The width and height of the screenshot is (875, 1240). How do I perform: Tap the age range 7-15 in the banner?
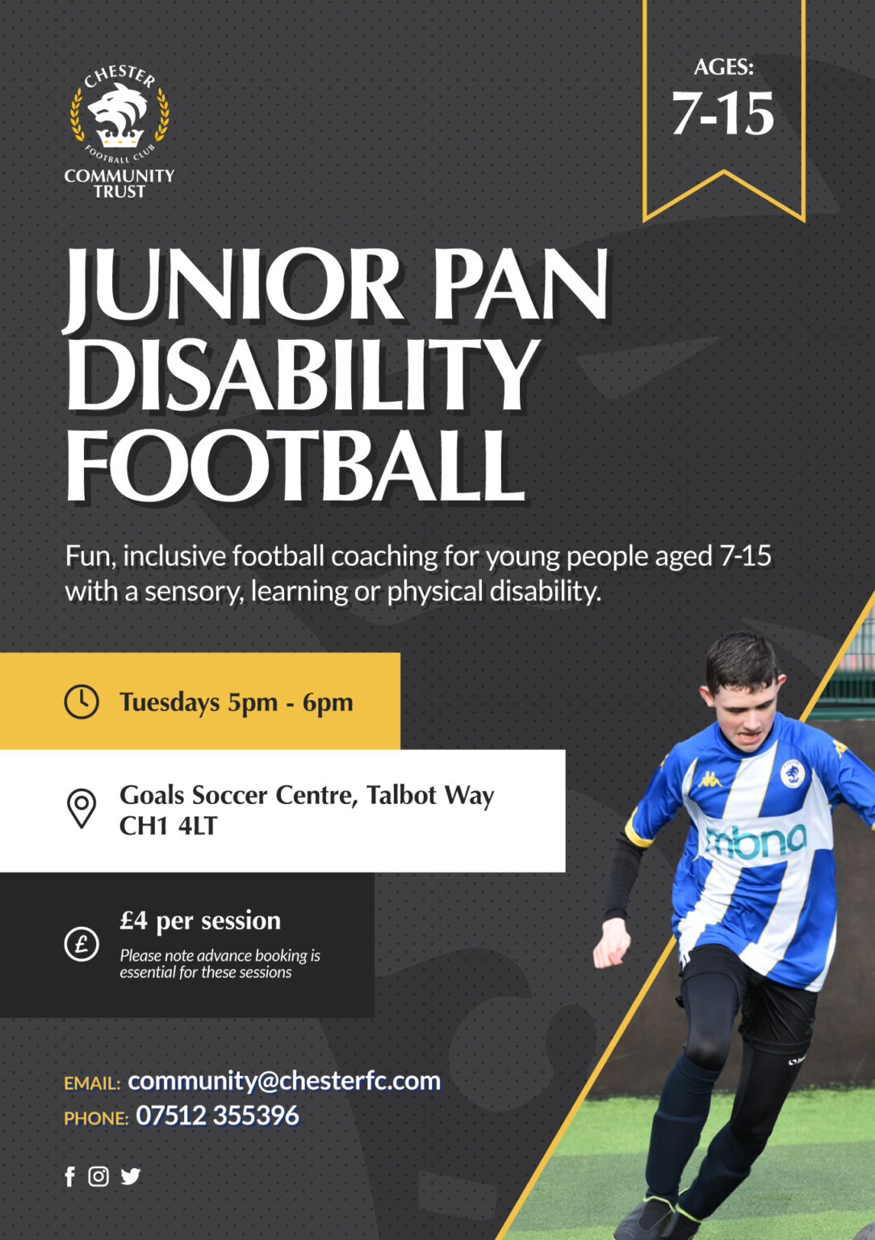(722, 114)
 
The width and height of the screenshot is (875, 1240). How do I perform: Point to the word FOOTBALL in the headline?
(295, 467)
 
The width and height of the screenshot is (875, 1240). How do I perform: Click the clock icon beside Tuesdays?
(82, 702)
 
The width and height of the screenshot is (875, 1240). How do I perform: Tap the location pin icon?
(82, 808)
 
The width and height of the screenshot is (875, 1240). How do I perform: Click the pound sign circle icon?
(82, 944)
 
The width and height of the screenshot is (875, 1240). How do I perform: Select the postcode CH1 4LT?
(168, 826)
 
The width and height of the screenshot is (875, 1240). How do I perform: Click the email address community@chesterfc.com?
(284, 1080)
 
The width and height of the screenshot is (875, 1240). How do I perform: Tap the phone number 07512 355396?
(217, 1116)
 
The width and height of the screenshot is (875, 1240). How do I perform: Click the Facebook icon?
(70, 1176)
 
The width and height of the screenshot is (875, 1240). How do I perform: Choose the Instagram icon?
(98, 1176)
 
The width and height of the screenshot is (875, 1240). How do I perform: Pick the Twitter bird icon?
(130, 1176)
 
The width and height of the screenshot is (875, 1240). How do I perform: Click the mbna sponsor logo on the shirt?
(756, 842)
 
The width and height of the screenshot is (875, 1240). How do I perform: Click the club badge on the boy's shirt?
(792, 773)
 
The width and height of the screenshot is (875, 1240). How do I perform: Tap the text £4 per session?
(200, 920)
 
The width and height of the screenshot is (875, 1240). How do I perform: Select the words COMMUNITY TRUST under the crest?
(119, 183)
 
